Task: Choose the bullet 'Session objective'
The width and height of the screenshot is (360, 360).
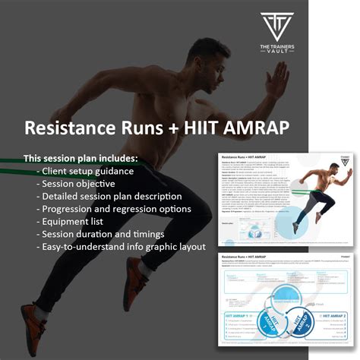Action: coord(75,185)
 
